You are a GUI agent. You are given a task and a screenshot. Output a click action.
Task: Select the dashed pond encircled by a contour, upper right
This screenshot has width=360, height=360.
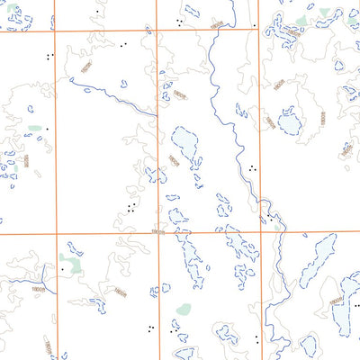tap(289, 121)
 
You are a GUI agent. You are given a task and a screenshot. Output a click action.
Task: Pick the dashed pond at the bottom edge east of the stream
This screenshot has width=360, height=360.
tap(309, 345)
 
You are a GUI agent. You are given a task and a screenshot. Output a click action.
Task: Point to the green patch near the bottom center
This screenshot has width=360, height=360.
tap(184, 309)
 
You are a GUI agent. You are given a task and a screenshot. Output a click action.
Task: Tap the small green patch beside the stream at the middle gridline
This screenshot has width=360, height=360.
tap(276, 227)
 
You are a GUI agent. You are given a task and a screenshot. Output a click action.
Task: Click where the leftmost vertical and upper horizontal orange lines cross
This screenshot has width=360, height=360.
tap(56, 28)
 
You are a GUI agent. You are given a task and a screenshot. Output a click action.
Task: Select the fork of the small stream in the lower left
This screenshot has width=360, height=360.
tap(43, 271)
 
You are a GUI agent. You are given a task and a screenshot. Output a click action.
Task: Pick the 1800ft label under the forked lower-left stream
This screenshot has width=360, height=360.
tap(39, 289)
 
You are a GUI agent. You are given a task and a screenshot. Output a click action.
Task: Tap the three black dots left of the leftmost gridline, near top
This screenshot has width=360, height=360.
tap(49, 56)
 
